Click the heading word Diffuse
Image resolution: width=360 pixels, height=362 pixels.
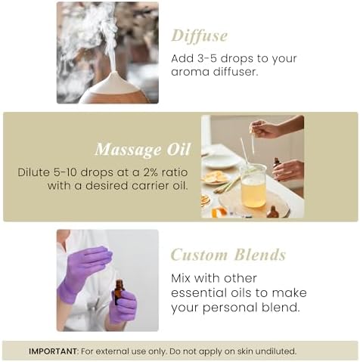(200, 36)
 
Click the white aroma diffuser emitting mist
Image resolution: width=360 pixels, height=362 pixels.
(116, 88)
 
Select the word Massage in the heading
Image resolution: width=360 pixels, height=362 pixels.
(129, 150)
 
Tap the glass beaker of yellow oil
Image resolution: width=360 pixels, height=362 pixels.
(253, 186)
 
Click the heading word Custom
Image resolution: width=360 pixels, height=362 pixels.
(199, 255)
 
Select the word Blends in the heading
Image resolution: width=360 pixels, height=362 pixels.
(260, 255)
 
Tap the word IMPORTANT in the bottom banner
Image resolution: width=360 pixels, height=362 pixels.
(53, 351)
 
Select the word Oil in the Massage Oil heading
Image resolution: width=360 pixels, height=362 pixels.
(178, 150)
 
